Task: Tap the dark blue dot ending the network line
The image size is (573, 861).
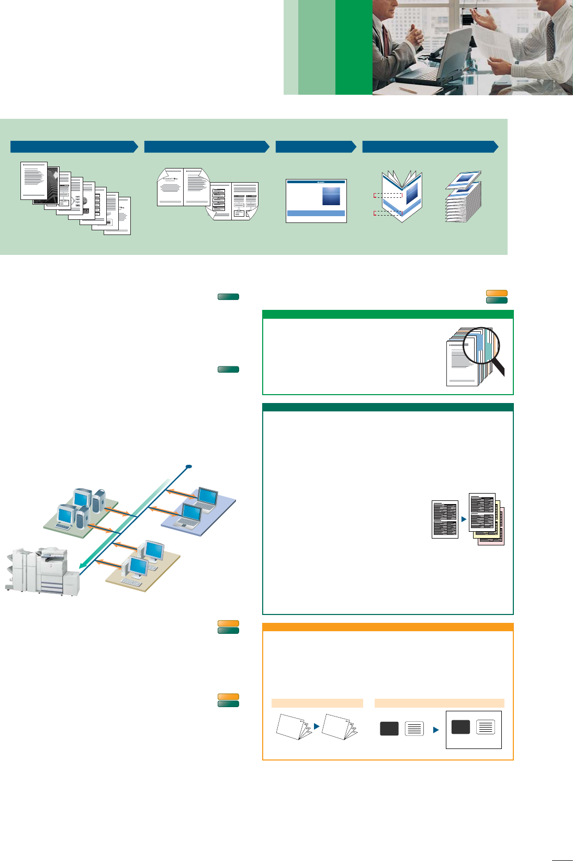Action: point(189,466)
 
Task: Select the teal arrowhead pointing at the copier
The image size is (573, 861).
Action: point(82,565)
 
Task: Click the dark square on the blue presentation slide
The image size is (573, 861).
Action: point(331,196)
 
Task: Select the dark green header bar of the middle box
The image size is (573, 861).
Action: point(388,407)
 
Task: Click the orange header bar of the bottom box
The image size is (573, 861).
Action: point(388,627)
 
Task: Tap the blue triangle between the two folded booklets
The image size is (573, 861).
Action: point(317,726)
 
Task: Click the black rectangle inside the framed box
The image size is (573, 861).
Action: point(460,727)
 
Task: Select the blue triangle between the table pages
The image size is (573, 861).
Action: point(464,519)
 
